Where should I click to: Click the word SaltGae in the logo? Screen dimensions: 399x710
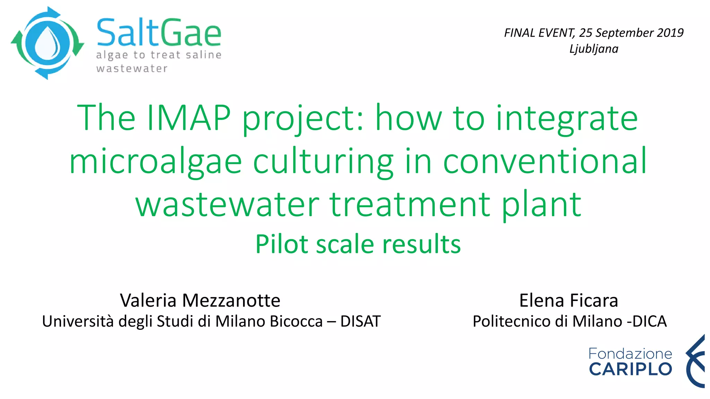point(159,33)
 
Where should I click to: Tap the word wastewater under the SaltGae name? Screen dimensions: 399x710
point(132,69)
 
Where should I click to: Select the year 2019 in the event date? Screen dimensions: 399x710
point(670,33)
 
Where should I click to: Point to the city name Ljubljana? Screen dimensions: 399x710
point(594,49)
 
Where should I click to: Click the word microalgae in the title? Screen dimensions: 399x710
point(155,161)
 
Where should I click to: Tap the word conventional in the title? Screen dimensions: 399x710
point(545,161)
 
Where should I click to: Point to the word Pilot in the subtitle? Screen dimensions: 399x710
point(282,244)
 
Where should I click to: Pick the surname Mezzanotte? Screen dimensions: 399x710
point(231,300)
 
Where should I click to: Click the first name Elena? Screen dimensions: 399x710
point(542,300)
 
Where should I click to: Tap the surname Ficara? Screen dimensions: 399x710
point(594,300)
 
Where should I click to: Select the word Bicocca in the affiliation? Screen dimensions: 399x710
point(296,321)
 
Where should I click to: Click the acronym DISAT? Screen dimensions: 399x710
point(360,321)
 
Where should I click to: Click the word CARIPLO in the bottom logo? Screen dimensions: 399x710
point(630,369)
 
